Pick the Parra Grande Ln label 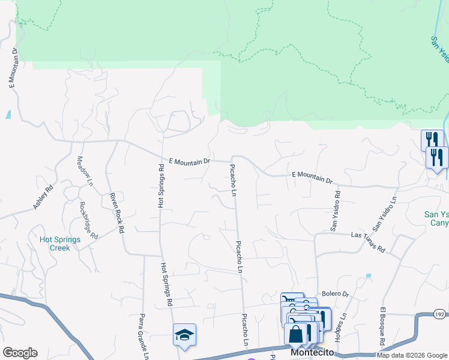coord(143,333)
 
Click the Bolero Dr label coord(336,294)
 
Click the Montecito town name coord(312,353)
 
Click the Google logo coord(20,353)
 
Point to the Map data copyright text coord(411,355)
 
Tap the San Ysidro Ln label coord(385,213)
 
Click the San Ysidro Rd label coord(336,211)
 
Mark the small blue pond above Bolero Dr coord(368,276)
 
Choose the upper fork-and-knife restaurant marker coord(432,140)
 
